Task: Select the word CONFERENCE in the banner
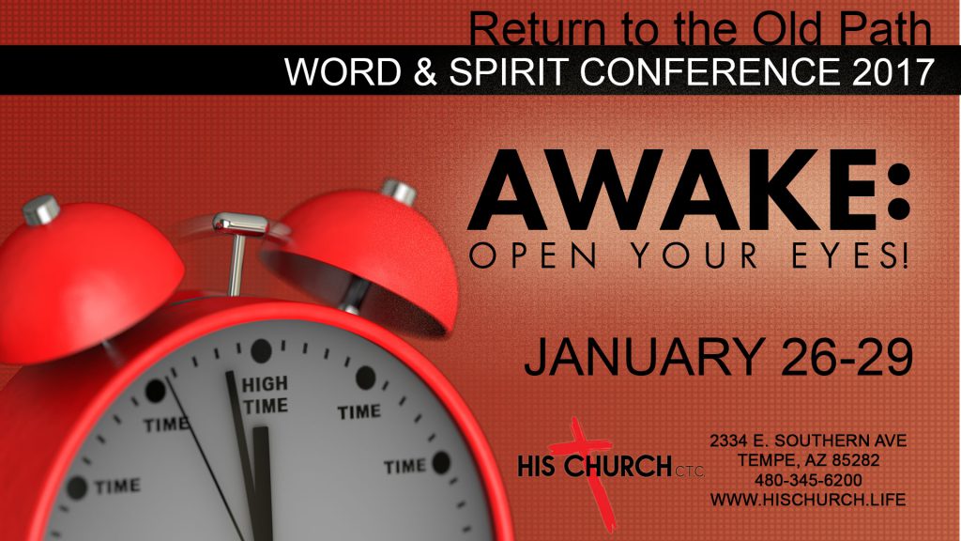[x=710, y=71]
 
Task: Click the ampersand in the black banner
[x=424, y=71]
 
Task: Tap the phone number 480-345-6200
[x=808, y=480]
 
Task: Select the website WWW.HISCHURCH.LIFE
[x=808, y=500]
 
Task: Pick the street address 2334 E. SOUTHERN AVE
[x=808, y=441]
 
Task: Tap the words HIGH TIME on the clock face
[x=265, y=395]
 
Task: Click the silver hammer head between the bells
[x=240, y=224]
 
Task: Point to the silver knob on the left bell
[x=41, y=209]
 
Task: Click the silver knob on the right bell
[x=399, y=192]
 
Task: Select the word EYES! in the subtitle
[x=849, y=255]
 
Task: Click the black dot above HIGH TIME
[x=262, y=350]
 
